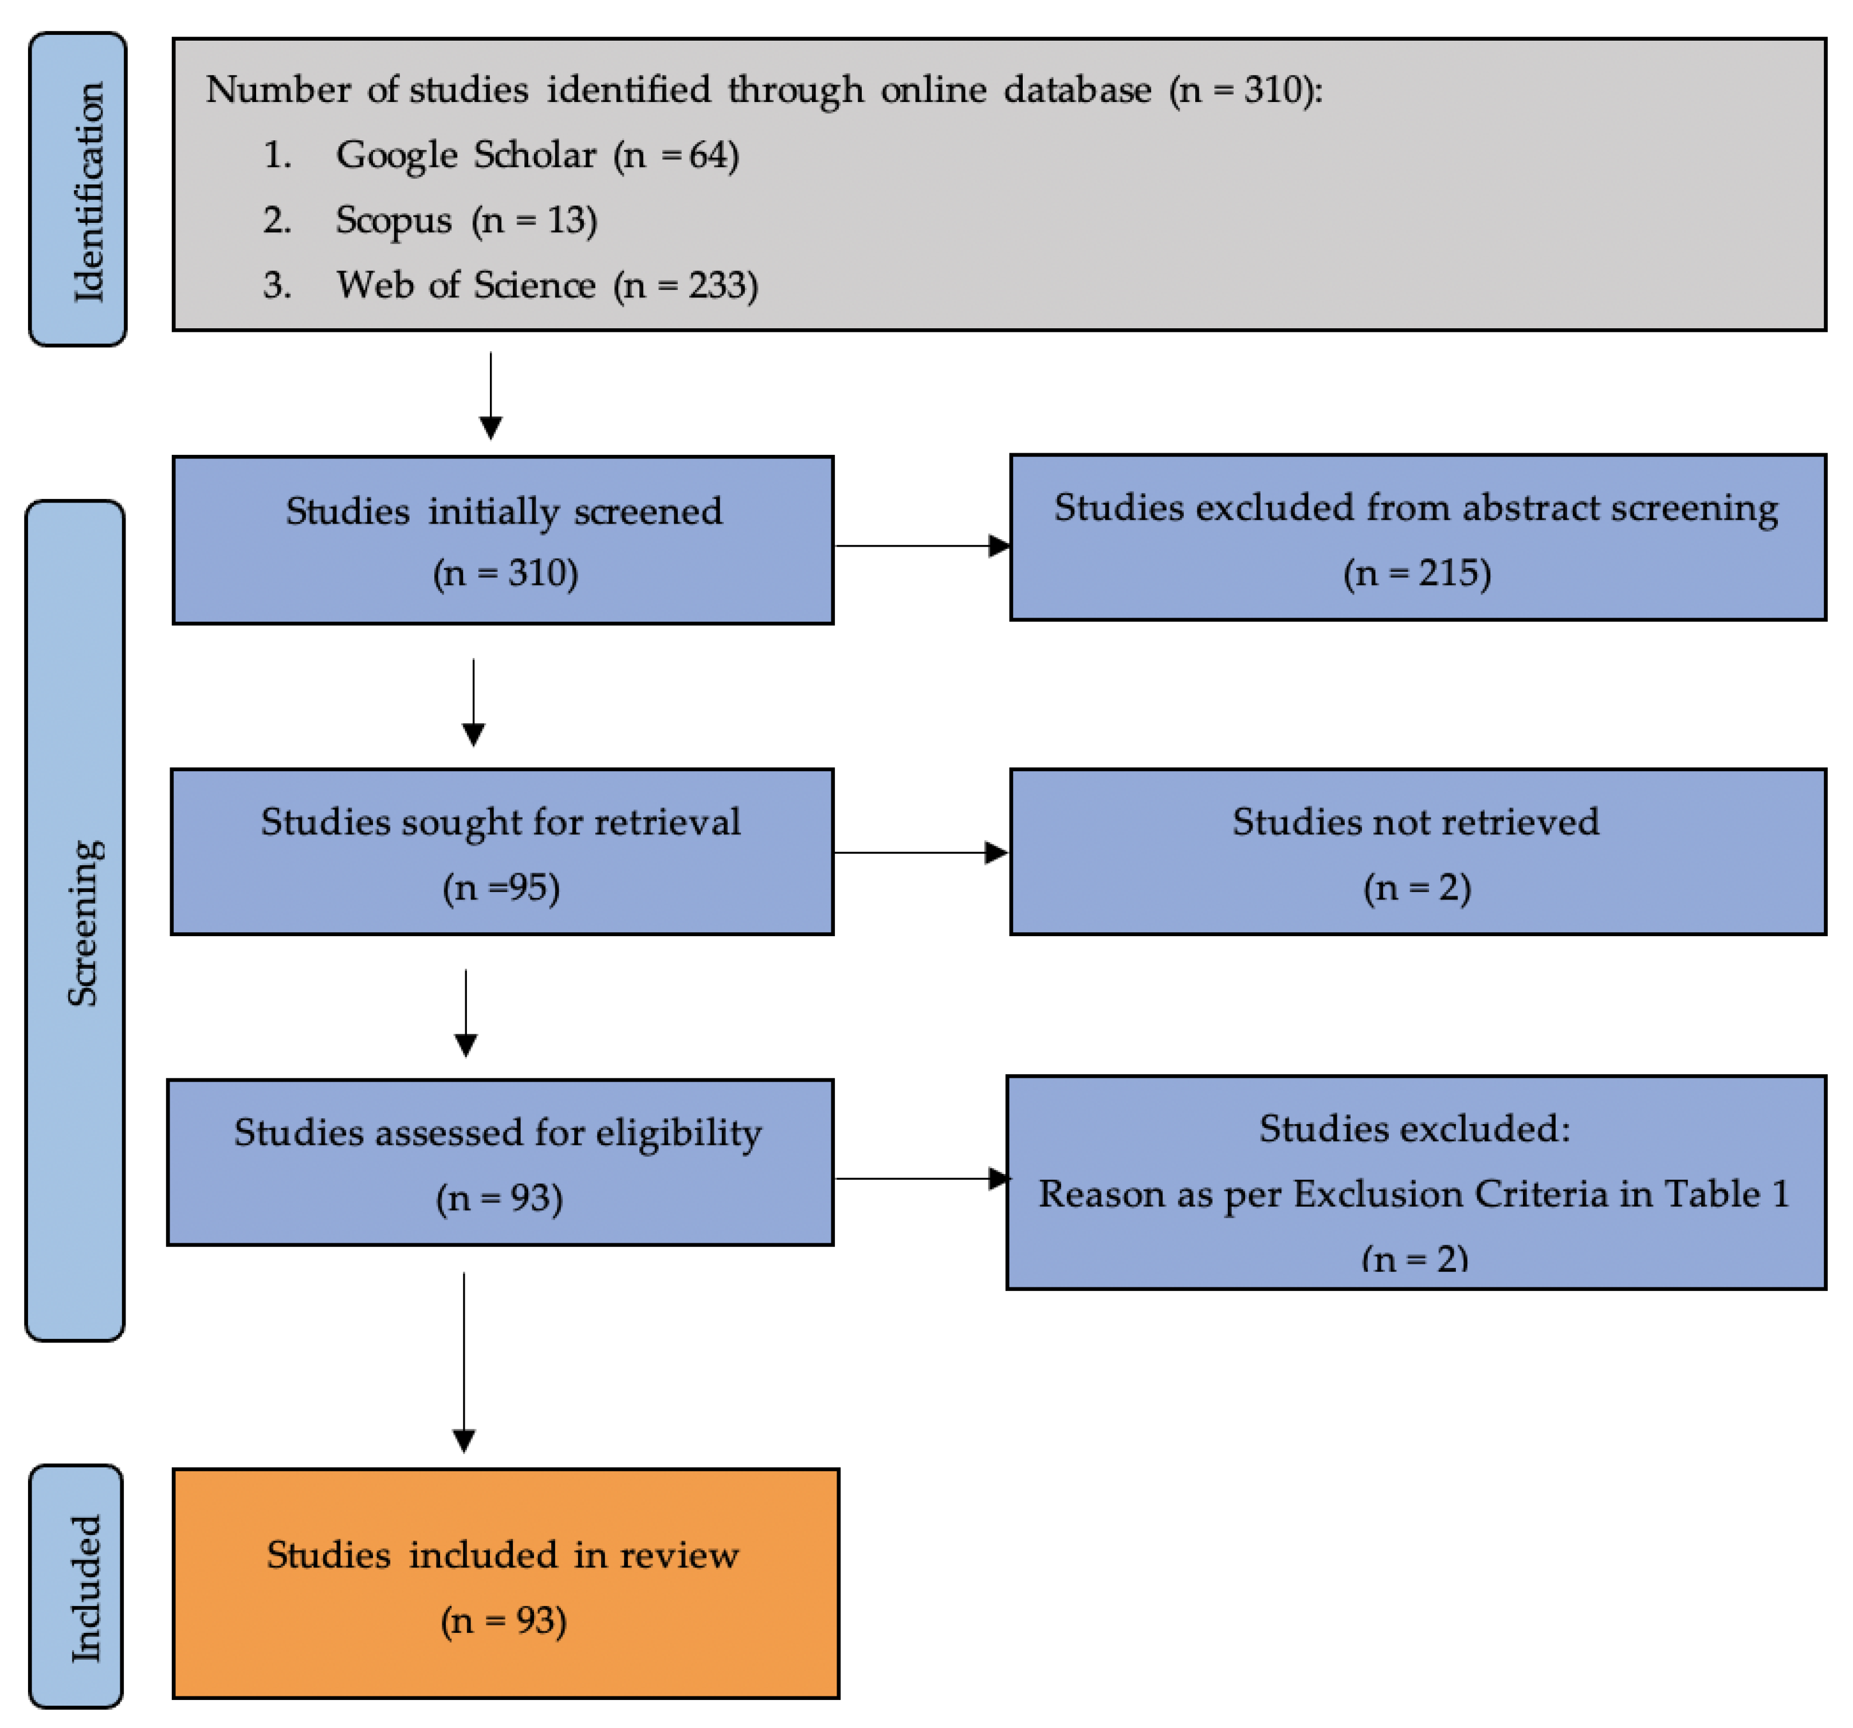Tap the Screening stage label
click(76, 921)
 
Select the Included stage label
click(76, 1586)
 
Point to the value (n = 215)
click(1417, 572)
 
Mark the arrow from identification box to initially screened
click(490, 395)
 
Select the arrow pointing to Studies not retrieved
click(921, 852)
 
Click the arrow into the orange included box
click(464, 1361)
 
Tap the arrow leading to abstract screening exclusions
click(922, 545)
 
